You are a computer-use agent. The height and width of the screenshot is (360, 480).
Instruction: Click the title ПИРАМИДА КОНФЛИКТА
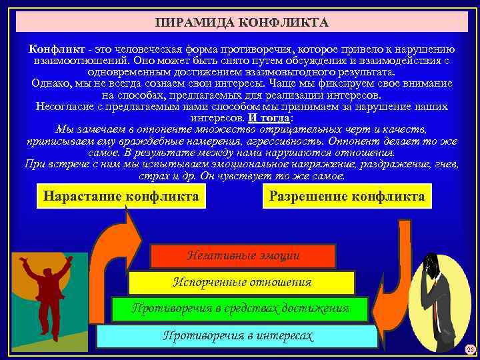(241, 23)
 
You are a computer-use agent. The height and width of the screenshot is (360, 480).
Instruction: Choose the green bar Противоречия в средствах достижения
(240, 309)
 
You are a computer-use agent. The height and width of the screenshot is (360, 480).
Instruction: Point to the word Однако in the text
(51, 84)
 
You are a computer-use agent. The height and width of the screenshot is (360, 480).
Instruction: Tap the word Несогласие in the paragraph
(63, 107)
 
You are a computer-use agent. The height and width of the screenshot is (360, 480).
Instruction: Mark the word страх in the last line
(153, 176)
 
